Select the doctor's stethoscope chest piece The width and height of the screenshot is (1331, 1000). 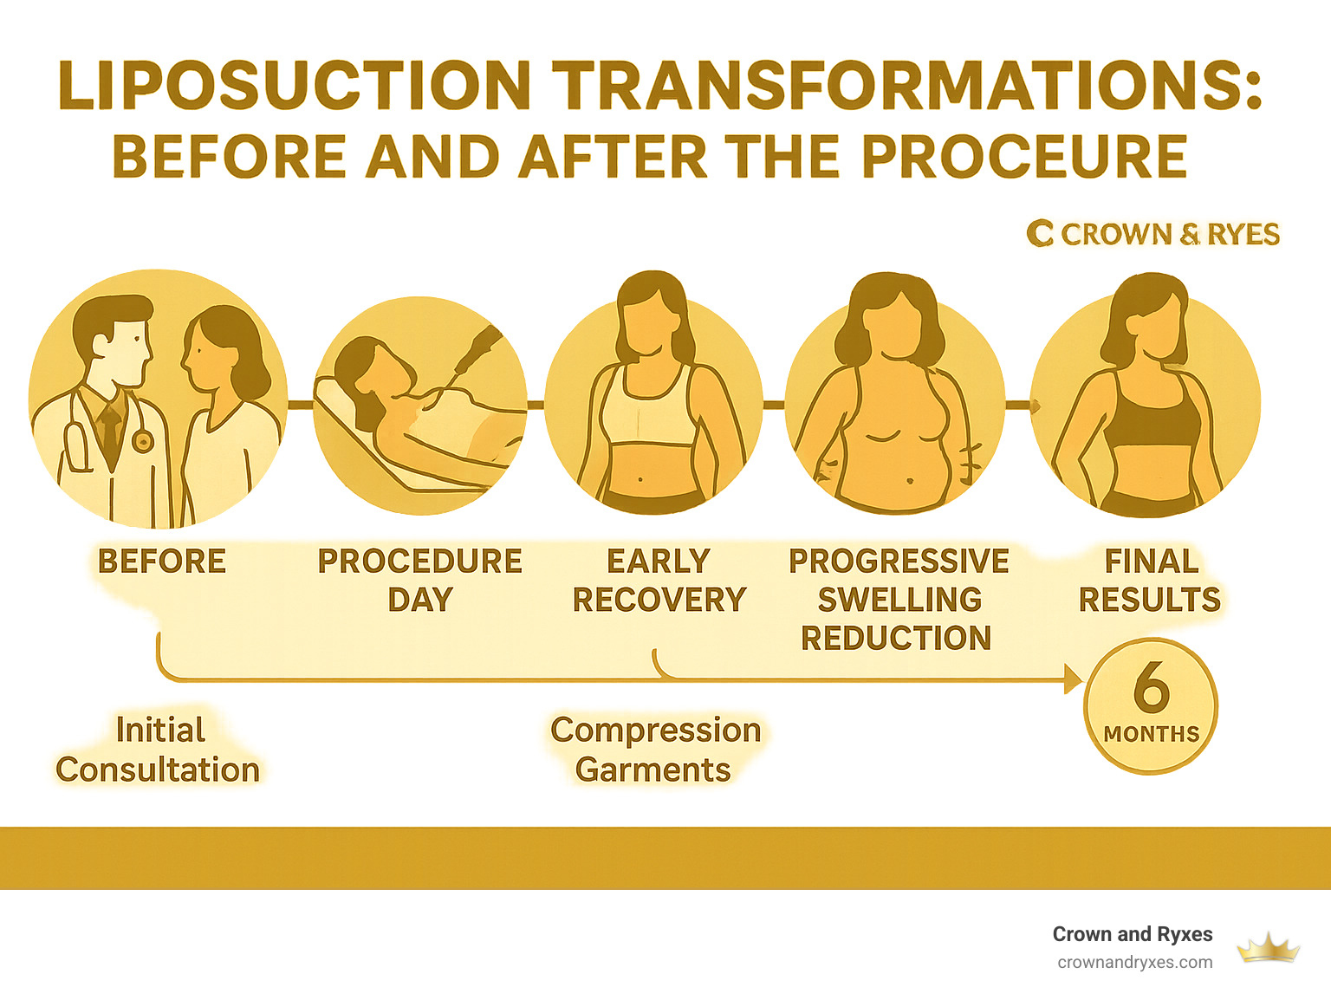point(141,442)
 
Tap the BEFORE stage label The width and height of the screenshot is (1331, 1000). point(162,562)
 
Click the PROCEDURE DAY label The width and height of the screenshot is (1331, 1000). point(420,580)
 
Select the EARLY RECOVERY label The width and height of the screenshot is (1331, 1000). point(659,580)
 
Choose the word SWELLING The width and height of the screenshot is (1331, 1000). point(899,600)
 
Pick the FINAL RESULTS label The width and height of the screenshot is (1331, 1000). point(1150,580)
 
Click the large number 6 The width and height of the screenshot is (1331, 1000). point(1152,686)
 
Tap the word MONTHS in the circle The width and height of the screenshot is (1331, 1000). point(1152,734)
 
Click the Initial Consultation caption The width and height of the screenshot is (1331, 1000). point(158,750)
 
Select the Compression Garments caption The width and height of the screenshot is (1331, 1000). point(655,750)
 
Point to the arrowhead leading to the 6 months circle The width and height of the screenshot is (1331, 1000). point(1073,680)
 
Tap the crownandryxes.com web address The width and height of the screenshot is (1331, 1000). point(1135,962)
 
